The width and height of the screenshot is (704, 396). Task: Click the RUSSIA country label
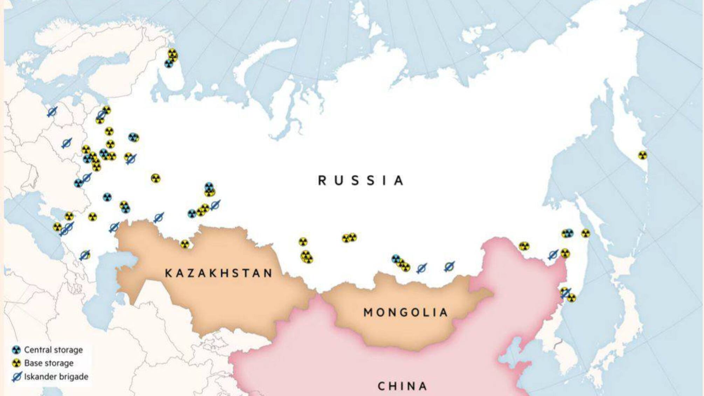[x=361, y=180]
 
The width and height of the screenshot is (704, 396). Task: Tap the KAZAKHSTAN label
[x=219, y=273]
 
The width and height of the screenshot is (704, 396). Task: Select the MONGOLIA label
[x=406, y=312]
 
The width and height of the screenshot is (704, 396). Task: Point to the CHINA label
[x=402, y=386]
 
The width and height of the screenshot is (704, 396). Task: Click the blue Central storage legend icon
[x=16, y=350]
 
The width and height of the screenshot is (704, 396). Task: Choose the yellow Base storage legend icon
[x=16, y=363]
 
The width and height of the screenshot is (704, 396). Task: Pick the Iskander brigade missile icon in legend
[x=16, y=377]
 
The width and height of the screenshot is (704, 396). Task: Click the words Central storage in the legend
[x=53, y=350]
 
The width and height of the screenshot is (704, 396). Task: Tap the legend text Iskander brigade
[x=56, y=377]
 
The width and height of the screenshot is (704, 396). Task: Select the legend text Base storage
[x=49, y=363]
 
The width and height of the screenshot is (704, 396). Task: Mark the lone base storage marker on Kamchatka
[x=642, y=155]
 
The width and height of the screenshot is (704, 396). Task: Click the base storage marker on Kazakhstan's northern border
[x=185, y=244]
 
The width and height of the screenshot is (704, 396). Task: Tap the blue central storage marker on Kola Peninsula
[x=169, y=64]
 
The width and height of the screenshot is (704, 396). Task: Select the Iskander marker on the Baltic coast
[x=52, y=112]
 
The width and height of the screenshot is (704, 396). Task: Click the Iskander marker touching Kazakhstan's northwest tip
[x=114, y=227]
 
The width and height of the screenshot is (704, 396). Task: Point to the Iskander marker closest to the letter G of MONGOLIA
[x=422, y=268]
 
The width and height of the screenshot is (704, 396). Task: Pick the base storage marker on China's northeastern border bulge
[x=524, y=246]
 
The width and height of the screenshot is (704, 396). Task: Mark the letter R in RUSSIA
[x=322, y=180]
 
